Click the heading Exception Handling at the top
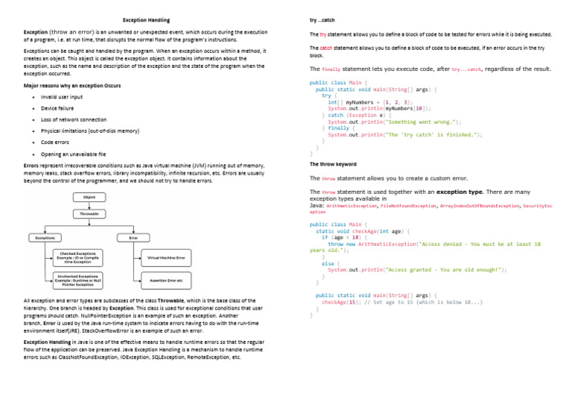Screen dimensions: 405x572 click(146, 19)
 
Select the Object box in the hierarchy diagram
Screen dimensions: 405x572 click(89, 197)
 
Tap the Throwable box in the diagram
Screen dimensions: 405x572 click(89, 214)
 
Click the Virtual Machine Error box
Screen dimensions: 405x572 click(165, 257)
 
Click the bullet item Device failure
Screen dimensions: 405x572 click(57, 108)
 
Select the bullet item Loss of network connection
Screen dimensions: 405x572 click(74, 119)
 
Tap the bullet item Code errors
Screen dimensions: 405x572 click(57, 142)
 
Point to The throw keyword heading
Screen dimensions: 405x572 click(333, 164)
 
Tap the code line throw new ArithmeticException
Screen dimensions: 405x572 click(432, 244)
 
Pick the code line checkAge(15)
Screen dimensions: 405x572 click(402, 301)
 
